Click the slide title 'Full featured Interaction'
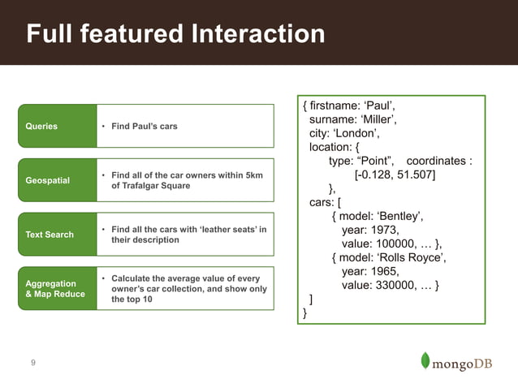[x=175, y=34]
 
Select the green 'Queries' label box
[x=57, y=127]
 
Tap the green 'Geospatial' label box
[x=57, y=180]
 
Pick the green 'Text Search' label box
[x=57, y=235]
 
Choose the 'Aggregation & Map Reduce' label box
[x=57, y=289]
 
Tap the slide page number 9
[x=32, y=363]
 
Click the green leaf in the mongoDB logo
[x=425, y=360]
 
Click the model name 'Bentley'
[x=401, y=216]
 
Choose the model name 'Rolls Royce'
[x=410, y=257]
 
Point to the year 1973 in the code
[x=382, y=230]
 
